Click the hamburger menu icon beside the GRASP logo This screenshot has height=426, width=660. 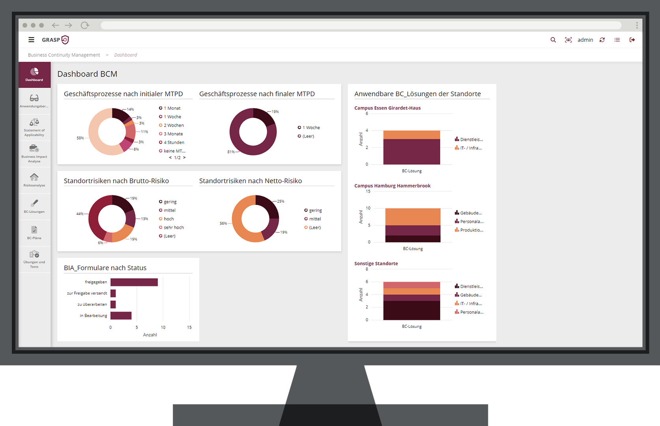(31, 40)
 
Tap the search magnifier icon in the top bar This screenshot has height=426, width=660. (553, 40)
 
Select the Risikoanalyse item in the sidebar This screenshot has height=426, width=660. (34, 180)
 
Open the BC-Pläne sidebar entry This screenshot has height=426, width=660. (34, 232)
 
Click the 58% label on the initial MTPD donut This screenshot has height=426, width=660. (80, 138)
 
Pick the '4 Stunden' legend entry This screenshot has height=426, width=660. (174, 142)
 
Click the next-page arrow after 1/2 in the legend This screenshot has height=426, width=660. (184, 157)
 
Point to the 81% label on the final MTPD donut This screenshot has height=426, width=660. (231, 152)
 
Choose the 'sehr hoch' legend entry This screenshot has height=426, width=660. (174, 228)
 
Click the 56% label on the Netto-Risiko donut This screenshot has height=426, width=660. (223, 224)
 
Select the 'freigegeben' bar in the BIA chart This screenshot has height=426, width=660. (134, 282)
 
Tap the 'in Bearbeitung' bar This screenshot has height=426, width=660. (121, 316)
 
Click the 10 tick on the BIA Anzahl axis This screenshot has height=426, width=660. (163, 327)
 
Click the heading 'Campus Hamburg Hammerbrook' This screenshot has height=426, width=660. (392, 186)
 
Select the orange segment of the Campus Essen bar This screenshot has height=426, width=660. (411, 135)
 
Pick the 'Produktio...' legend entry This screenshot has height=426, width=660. (471, 230)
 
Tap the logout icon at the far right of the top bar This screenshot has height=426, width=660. (632, 40)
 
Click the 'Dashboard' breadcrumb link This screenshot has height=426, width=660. (125, 55)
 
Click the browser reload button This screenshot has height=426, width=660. (84, 25)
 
